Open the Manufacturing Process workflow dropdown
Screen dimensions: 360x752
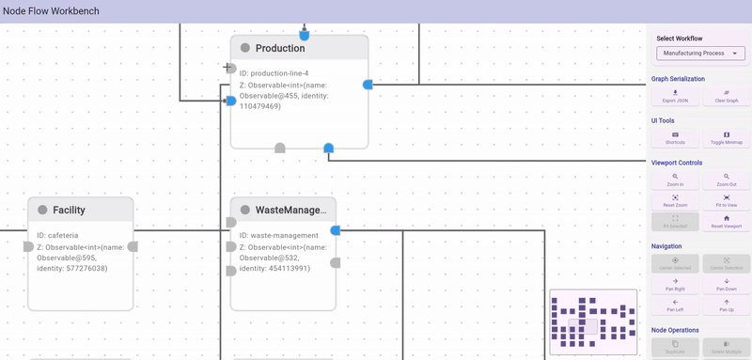(x=700, y=54)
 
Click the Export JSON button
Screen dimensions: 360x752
(x=675, y=96)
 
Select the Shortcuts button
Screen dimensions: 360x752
(x=675, y=138)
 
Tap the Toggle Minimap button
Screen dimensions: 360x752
(x=726, y=138)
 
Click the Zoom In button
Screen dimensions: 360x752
(x=675, y=180)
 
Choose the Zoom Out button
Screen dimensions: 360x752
(x=726, y=180)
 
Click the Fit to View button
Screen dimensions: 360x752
(x=726, y=200)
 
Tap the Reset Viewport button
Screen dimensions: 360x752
(x=726, y=222)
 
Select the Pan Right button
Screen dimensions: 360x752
(x=675, y=284)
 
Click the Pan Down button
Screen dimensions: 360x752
(x=726, y=284)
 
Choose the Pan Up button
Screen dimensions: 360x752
(x=726, y=305)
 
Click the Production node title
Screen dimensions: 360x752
(x=280, y=49)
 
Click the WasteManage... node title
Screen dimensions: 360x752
(x=290, y=210)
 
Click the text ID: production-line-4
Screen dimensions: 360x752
(x=274, y=72)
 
